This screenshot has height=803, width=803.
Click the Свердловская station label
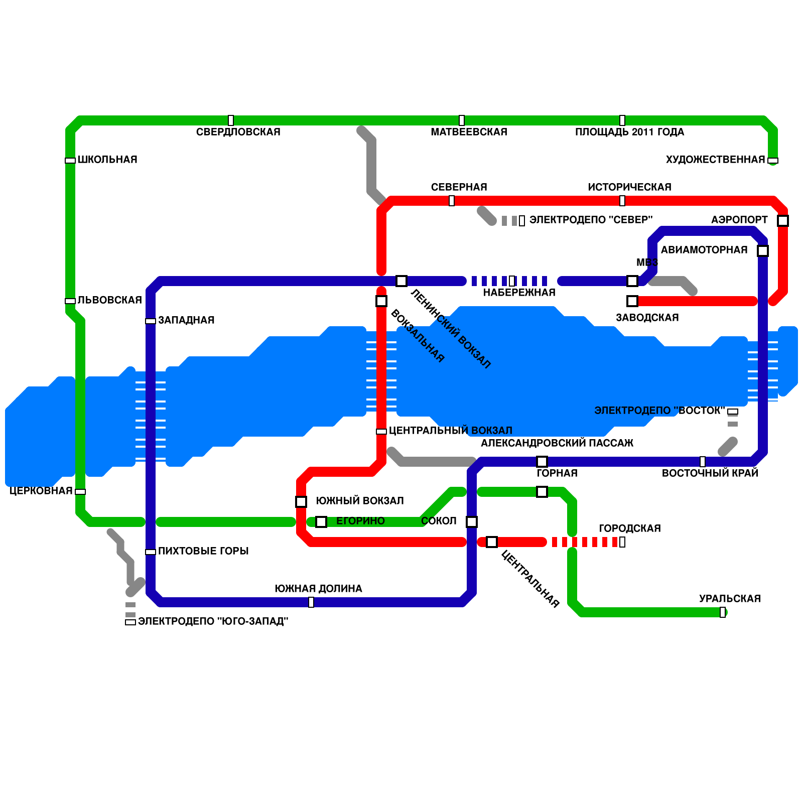[x=238, y=132]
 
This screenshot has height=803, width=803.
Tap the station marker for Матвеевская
[x=462, y=120]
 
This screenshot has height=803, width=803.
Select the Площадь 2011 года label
[x=629, y=132]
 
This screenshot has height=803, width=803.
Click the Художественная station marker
[x=773, y=161]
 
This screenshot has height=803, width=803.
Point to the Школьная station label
[x=107, y=160]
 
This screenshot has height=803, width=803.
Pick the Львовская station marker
[x=70, y=301]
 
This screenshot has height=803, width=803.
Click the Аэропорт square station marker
[x=783, y=220]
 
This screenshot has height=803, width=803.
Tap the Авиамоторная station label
[x=704, y=250]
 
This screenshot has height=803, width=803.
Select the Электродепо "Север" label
[x=591, y=220]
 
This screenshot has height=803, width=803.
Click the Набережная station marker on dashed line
[x=512, y=281]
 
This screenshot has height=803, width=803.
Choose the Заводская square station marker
[x=632, y=301]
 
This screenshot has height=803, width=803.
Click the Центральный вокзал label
[x=450, y=431]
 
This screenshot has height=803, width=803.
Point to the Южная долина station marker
[x=311, y=602]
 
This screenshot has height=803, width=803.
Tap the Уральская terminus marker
[x=723, y=612]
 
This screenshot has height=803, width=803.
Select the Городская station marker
[x=622, y=542]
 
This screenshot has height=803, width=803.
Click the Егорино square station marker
[x=321, y=522]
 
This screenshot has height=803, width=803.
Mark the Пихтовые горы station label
[x=203, y=551]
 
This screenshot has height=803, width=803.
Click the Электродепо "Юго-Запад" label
[x=213, y=621]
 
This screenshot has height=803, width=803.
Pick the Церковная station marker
[x=80, y=492]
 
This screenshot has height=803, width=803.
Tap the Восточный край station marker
[x=703, y=462]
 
